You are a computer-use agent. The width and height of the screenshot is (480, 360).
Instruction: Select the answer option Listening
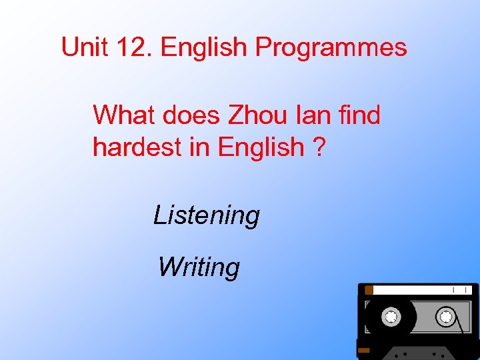207,215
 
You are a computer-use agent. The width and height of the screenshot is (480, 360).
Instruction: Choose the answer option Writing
199,267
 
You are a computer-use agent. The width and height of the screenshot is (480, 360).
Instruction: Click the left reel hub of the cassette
391,315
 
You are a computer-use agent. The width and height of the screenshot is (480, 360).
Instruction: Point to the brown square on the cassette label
367,290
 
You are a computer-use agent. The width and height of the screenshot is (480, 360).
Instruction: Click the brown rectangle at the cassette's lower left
363,349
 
